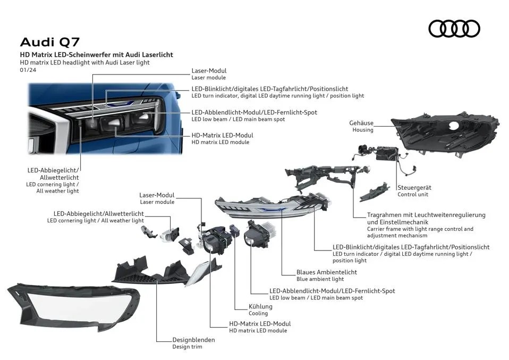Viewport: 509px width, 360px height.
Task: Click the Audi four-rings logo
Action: [454, 29]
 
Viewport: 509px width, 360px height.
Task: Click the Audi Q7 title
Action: [50, 42]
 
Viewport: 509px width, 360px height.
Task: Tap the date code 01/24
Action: [28, 70]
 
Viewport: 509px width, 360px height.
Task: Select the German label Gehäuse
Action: [361, 123]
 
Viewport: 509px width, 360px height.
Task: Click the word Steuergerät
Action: [414, 188]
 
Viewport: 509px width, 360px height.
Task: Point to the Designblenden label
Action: [193, 340]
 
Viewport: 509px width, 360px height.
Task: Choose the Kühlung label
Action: [260, 306]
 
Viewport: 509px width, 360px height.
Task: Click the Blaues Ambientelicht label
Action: [326, 272]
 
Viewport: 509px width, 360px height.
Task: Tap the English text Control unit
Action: [412, 195]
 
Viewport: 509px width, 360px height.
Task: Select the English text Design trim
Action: [187, 347]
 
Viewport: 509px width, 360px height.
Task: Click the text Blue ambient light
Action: [320, 279]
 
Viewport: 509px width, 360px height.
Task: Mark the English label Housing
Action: [362, 130]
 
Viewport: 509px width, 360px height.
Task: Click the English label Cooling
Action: [258, 314]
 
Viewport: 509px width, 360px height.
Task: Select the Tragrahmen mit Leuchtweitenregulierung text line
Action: [426, 215]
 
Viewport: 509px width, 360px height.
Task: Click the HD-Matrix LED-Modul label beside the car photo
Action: [222, 135]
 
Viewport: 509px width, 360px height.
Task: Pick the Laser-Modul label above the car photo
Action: [209, 71]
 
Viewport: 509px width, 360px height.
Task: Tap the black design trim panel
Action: [154, 271]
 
